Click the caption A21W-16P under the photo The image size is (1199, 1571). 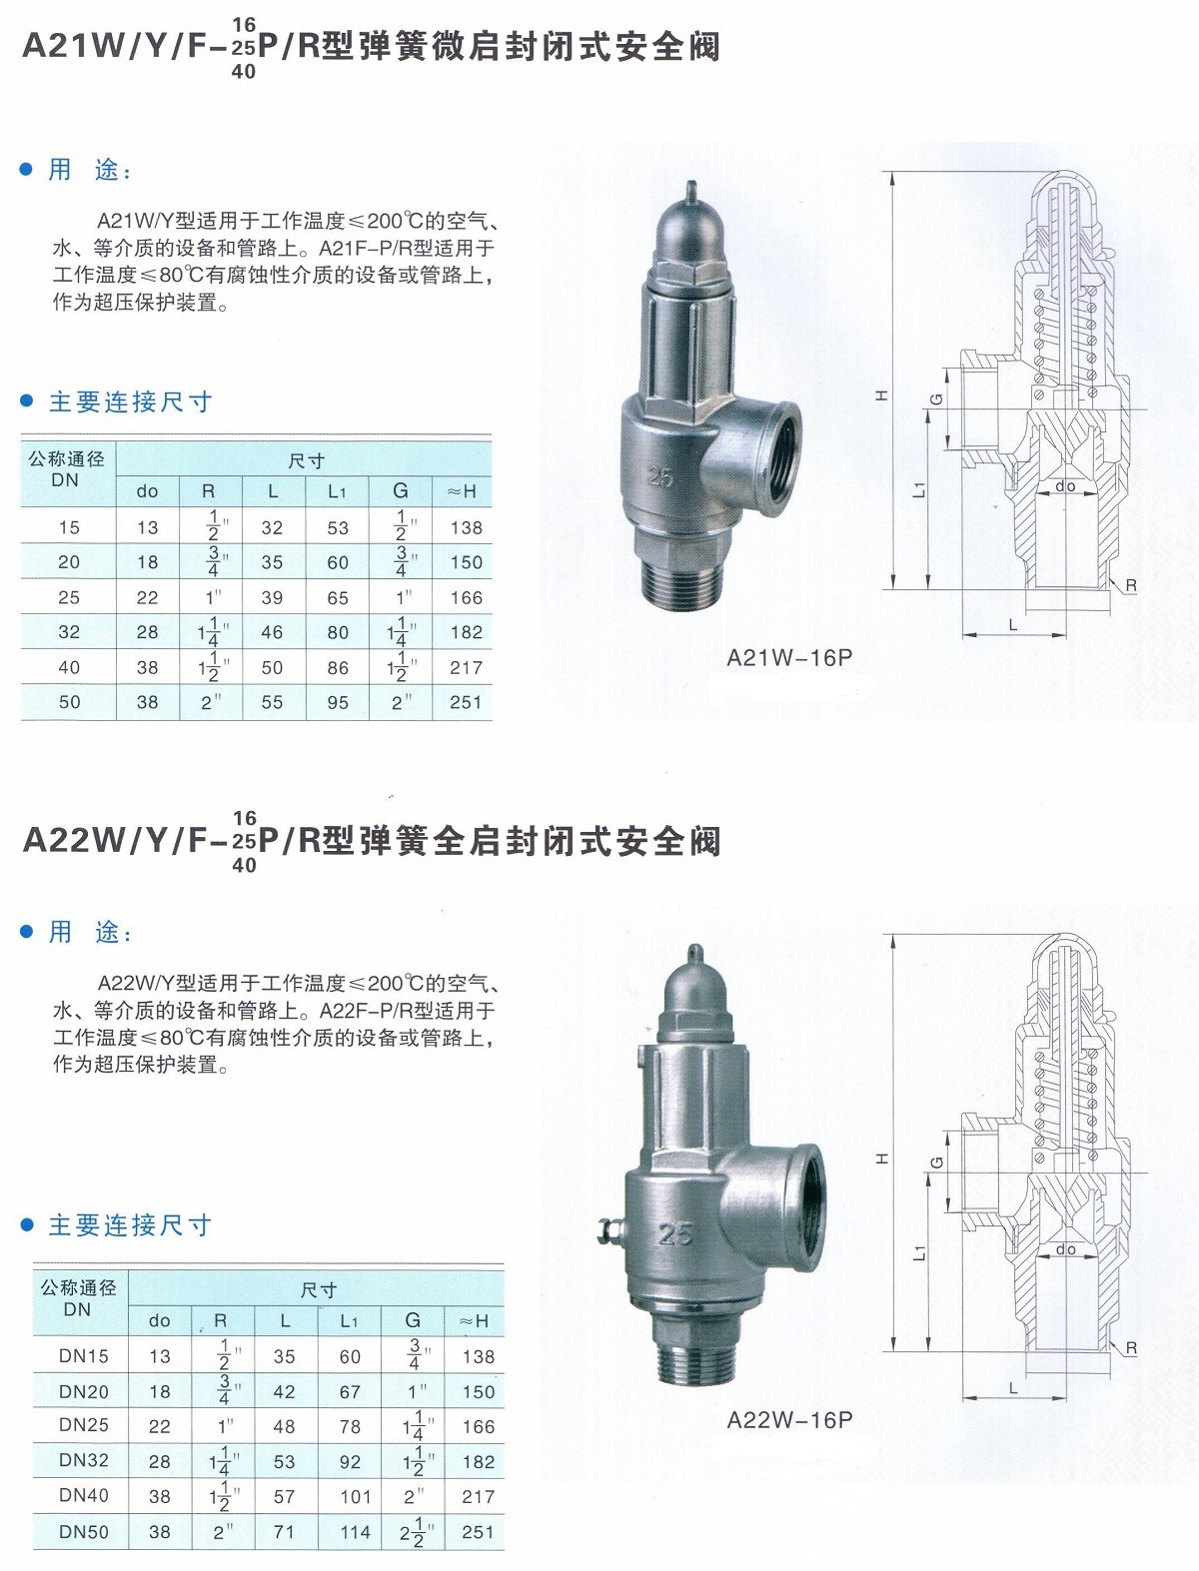789,658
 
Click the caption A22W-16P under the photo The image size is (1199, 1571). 789,1419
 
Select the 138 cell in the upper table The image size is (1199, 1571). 466,527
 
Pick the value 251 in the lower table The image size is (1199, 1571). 478,1531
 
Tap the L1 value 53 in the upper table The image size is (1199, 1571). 338,527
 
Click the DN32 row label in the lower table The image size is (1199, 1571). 84,1460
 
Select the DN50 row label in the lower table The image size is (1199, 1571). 84,1531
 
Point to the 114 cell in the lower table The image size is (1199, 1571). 355,1531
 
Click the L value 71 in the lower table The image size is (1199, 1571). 285,1531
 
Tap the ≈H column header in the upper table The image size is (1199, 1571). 463,491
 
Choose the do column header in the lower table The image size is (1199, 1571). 160,1320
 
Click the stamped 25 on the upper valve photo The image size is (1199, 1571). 660,477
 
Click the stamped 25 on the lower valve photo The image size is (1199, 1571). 675,1234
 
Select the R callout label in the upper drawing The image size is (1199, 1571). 1130,585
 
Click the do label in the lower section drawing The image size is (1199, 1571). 1065,1249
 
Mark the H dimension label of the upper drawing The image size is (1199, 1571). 881,395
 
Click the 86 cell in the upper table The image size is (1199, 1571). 338,667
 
